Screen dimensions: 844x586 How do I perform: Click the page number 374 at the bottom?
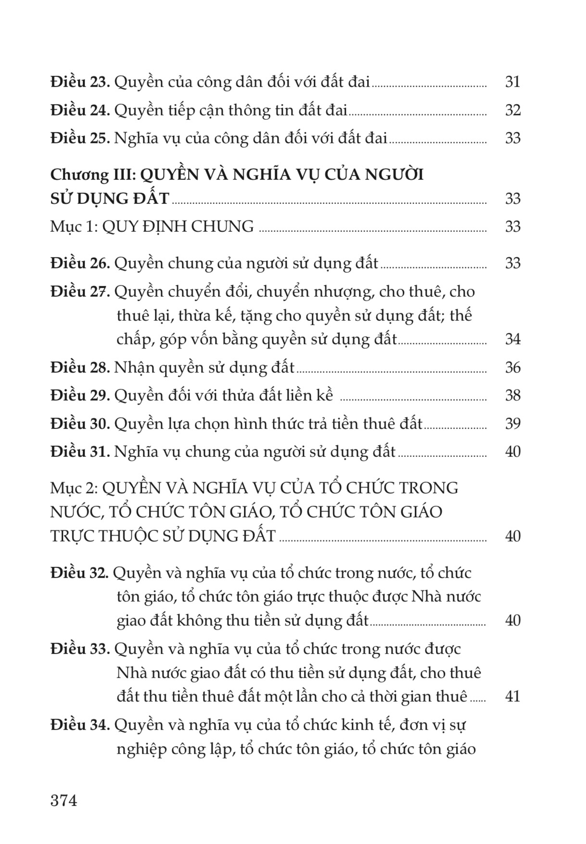click(x=64, y=801)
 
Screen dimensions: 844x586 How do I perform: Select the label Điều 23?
click(x=80, y=82)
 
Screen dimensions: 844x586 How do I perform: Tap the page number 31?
click(x=513, y=82)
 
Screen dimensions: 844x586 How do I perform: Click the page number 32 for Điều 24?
click(x=513, y=111)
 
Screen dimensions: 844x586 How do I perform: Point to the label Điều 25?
click(x=80, y=139)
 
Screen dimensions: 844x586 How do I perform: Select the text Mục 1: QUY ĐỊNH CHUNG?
click(x=152, y=227)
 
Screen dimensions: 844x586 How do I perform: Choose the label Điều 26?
click(x=80, y=264)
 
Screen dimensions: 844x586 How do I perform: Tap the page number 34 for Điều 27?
click(x=513, y=340)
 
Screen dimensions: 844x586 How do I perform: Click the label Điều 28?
click(x=80, y=368)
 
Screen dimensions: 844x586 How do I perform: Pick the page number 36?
click(x=513, y=368)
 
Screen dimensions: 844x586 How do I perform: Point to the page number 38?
click(x=513, y=396)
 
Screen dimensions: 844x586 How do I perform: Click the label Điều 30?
click(x=80, y=424)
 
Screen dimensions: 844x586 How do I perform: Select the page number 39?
click(x=513, y=424)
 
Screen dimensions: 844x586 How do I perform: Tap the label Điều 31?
click(x=80, y=452)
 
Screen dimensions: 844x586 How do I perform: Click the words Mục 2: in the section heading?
click(x=74, y=488)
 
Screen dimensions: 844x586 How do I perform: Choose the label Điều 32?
click(x=80, y=573)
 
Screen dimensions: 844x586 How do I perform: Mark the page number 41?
click(x=513, y=696)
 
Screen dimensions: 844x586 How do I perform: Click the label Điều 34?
click(x=80, y=725)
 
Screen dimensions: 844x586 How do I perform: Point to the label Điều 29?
click(x=80, y=396)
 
